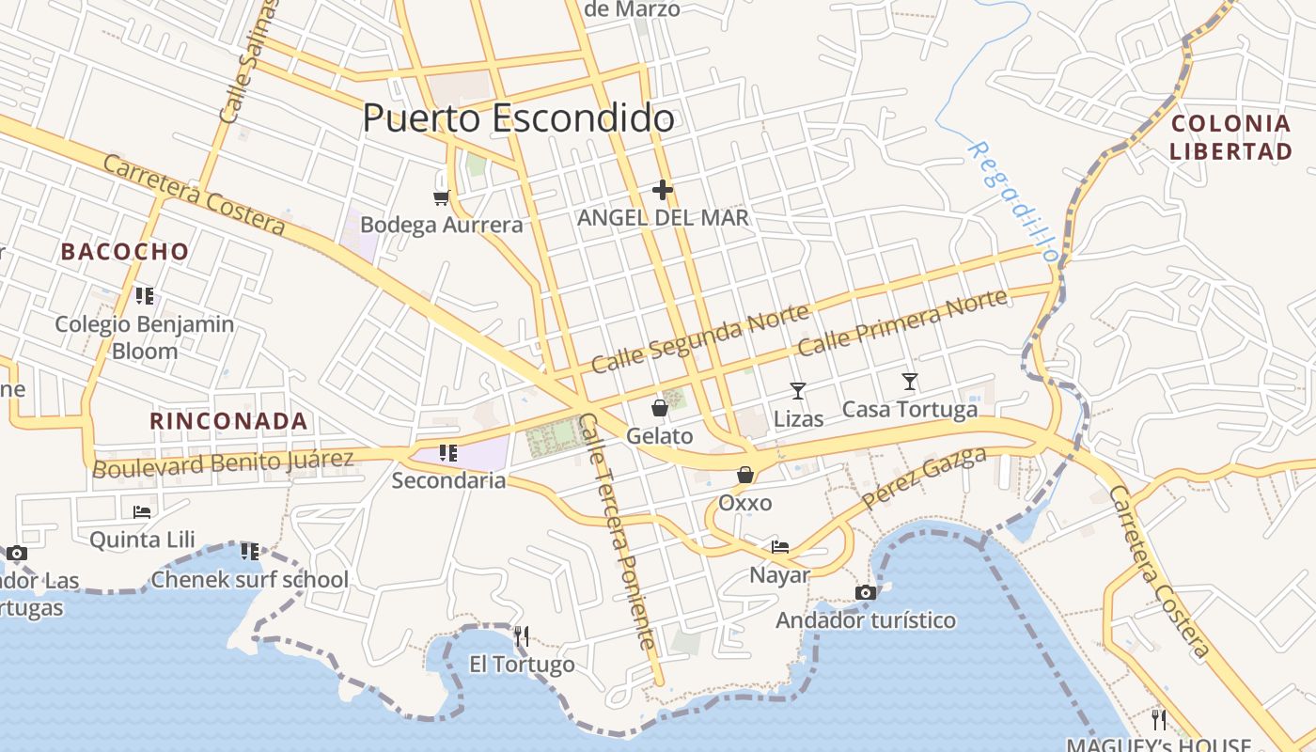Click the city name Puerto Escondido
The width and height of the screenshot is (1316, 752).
(x=518, y=118)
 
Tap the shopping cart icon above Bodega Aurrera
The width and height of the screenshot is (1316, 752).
(x=441, y=197)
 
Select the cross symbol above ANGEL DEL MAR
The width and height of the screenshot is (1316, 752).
(x=663, y=190)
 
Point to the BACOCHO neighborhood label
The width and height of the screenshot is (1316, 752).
(x=125, y=252)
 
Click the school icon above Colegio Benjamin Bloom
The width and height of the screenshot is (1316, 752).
(x=144, y=296)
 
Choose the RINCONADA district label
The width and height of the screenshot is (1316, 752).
(x=229, y=421)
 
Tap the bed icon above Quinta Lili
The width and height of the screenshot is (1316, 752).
(x=142, y=512)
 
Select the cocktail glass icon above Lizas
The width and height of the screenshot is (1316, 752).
(x=798, y=390)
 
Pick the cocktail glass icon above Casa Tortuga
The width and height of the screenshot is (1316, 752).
(x=909, y=381)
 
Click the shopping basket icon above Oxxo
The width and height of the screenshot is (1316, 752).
(x=745, y=475)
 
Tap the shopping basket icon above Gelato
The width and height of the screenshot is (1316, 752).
(x=660, y=408)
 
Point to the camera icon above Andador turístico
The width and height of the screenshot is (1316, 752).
(x=866, y=592)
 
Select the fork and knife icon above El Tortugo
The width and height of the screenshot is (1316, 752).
(x=522, y=636)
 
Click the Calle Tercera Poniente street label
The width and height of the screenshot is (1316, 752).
(x=617, y=531)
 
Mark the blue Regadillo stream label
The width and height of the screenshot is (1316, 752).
(x=1012, y=201)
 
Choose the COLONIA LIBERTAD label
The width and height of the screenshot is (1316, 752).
(x=1230, y=137)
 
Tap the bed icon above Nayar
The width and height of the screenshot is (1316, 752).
(x=780, y=546)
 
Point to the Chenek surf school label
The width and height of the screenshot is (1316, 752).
(x=250, y=579)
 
